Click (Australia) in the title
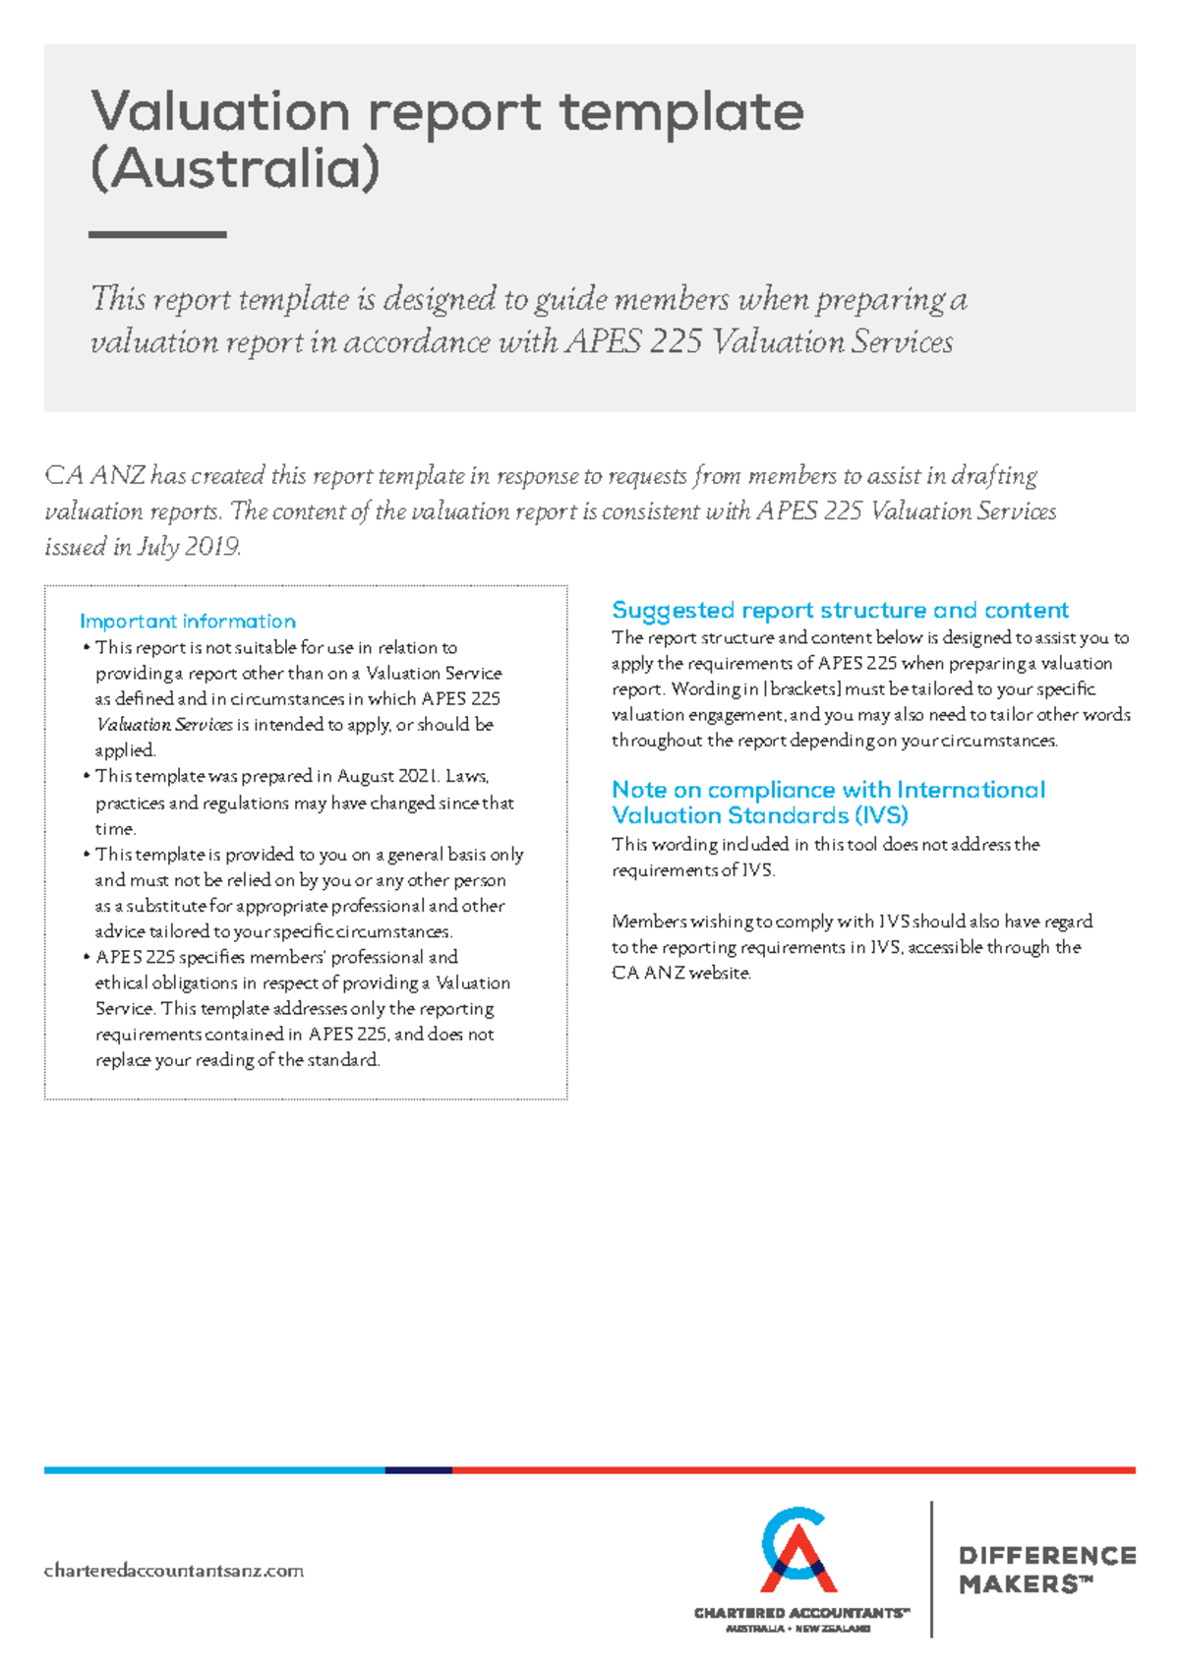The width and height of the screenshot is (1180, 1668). (234, 169)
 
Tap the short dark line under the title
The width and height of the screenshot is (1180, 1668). (157, 234)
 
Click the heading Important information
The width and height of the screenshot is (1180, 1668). (187, 622)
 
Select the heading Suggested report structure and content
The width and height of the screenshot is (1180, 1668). (840, 610)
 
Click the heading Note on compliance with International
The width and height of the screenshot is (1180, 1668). (828, 790)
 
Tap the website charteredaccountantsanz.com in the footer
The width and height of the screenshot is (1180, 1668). (173, 1571)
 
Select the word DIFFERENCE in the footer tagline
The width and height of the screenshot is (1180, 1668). (1046, 1556)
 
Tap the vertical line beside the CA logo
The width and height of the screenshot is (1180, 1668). (931, 1569)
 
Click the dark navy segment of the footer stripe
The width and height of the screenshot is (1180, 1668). (418, 1470)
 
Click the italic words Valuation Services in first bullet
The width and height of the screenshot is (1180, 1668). (164, 725)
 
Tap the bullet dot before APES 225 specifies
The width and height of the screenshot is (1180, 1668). (87, 957)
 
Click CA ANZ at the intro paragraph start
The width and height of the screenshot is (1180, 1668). (94, 476)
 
